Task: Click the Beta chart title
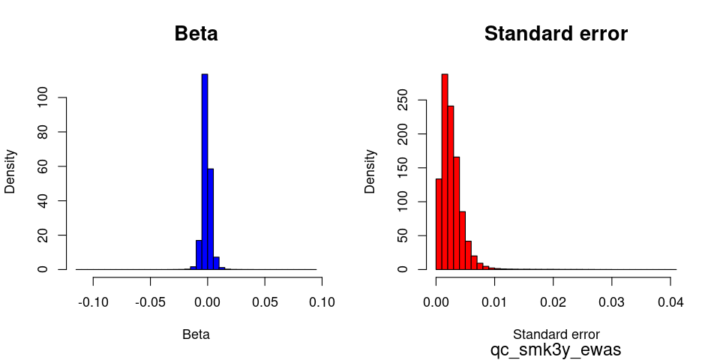pyautogui.click(x=196, y=34)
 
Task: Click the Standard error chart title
pyautogui.click(x=556, y=34)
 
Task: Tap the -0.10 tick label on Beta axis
pyautogui.click(x=93, y=302)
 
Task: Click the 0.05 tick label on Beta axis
pyautogui.click(x=265, y=302)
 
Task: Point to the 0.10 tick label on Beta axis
pyautogui.click(x=322, y=302)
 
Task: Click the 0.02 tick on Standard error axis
pyautogui.click(x=553, y=302)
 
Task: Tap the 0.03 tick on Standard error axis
pyautogui.click(x=611, y=302)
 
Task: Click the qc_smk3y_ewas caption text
pyautogui.click(x=556, y=349)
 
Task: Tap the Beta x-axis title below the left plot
pyautogui.click(x=196, y=334)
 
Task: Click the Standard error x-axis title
pyautogui.click(x=556, y=334)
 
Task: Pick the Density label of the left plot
pyautogui.click(x=10, y=171)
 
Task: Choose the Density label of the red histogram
pyautogui.click(x=370, y=171)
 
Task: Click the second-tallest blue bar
pyautogui.click(x=211, y=218)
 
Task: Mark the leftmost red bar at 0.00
pyautogui.click(x=439, y=223)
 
